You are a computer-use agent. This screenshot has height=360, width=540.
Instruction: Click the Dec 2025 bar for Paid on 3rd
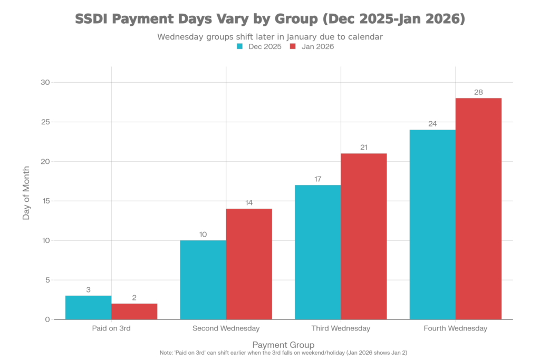(x=88, y=307)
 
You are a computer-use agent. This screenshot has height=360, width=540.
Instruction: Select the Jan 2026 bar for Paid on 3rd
(x=134, y=311)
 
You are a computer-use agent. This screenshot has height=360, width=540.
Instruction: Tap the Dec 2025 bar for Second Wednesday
(x=203, y=279)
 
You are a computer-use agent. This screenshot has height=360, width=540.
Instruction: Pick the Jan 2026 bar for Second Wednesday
(x=249, y=264)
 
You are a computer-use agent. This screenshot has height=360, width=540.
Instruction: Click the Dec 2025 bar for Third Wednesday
(x=317, y=252)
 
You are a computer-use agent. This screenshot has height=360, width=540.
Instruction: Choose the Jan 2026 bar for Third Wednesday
(x=364, y=236)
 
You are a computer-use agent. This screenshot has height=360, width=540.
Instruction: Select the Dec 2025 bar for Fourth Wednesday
(x=432, y=224)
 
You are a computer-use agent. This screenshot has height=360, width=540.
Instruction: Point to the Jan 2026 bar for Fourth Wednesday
(x=478, y=208)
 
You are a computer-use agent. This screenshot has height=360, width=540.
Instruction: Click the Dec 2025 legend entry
(x=258, y=46)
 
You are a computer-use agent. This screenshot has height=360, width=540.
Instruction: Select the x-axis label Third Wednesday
(x=341, y=328)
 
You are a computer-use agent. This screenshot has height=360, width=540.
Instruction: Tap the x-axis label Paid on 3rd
(x=111, y=328)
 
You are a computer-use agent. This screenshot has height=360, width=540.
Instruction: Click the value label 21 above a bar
(x=364, y=148)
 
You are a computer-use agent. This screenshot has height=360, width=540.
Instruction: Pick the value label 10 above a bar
(x=203, y=235)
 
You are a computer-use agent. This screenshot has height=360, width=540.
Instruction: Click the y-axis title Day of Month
(x=26, y=193)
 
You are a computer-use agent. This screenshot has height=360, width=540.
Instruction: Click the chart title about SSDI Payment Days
(x=270, y=20)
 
